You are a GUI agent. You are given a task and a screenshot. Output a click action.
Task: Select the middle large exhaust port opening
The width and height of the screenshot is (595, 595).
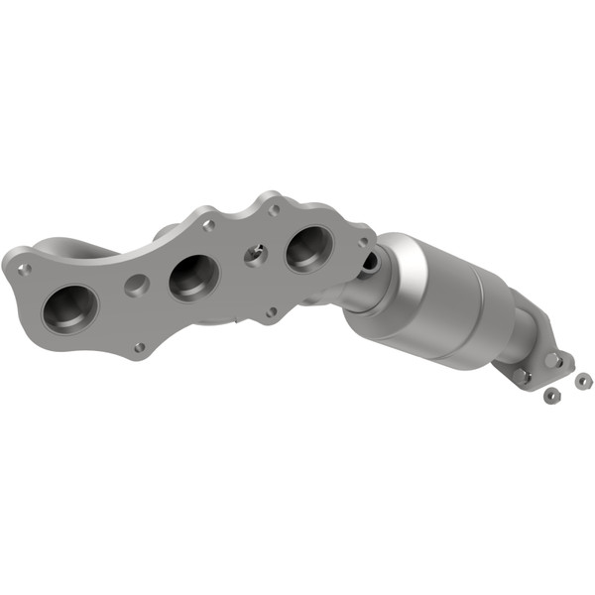point(193,277)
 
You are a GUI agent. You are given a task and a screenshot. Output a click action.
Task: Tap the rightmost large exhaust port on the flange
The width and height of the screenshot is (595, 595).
point(309,248)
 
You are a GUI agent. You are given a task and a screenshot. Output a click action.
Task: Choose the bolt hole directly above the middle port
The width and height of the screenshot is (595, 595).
point(208,226)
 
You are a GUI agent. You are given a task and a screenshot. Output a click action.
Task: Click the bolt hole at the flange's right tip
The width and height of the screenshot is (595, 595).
point(364,241)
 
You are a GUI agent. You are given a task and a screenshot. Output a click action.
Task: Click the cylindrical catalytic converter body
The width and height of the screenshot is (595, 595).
point(436,302)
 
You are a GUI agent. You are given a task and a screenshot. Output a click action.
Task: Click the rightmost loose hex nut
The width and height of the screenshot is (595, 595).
point(582,380)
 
